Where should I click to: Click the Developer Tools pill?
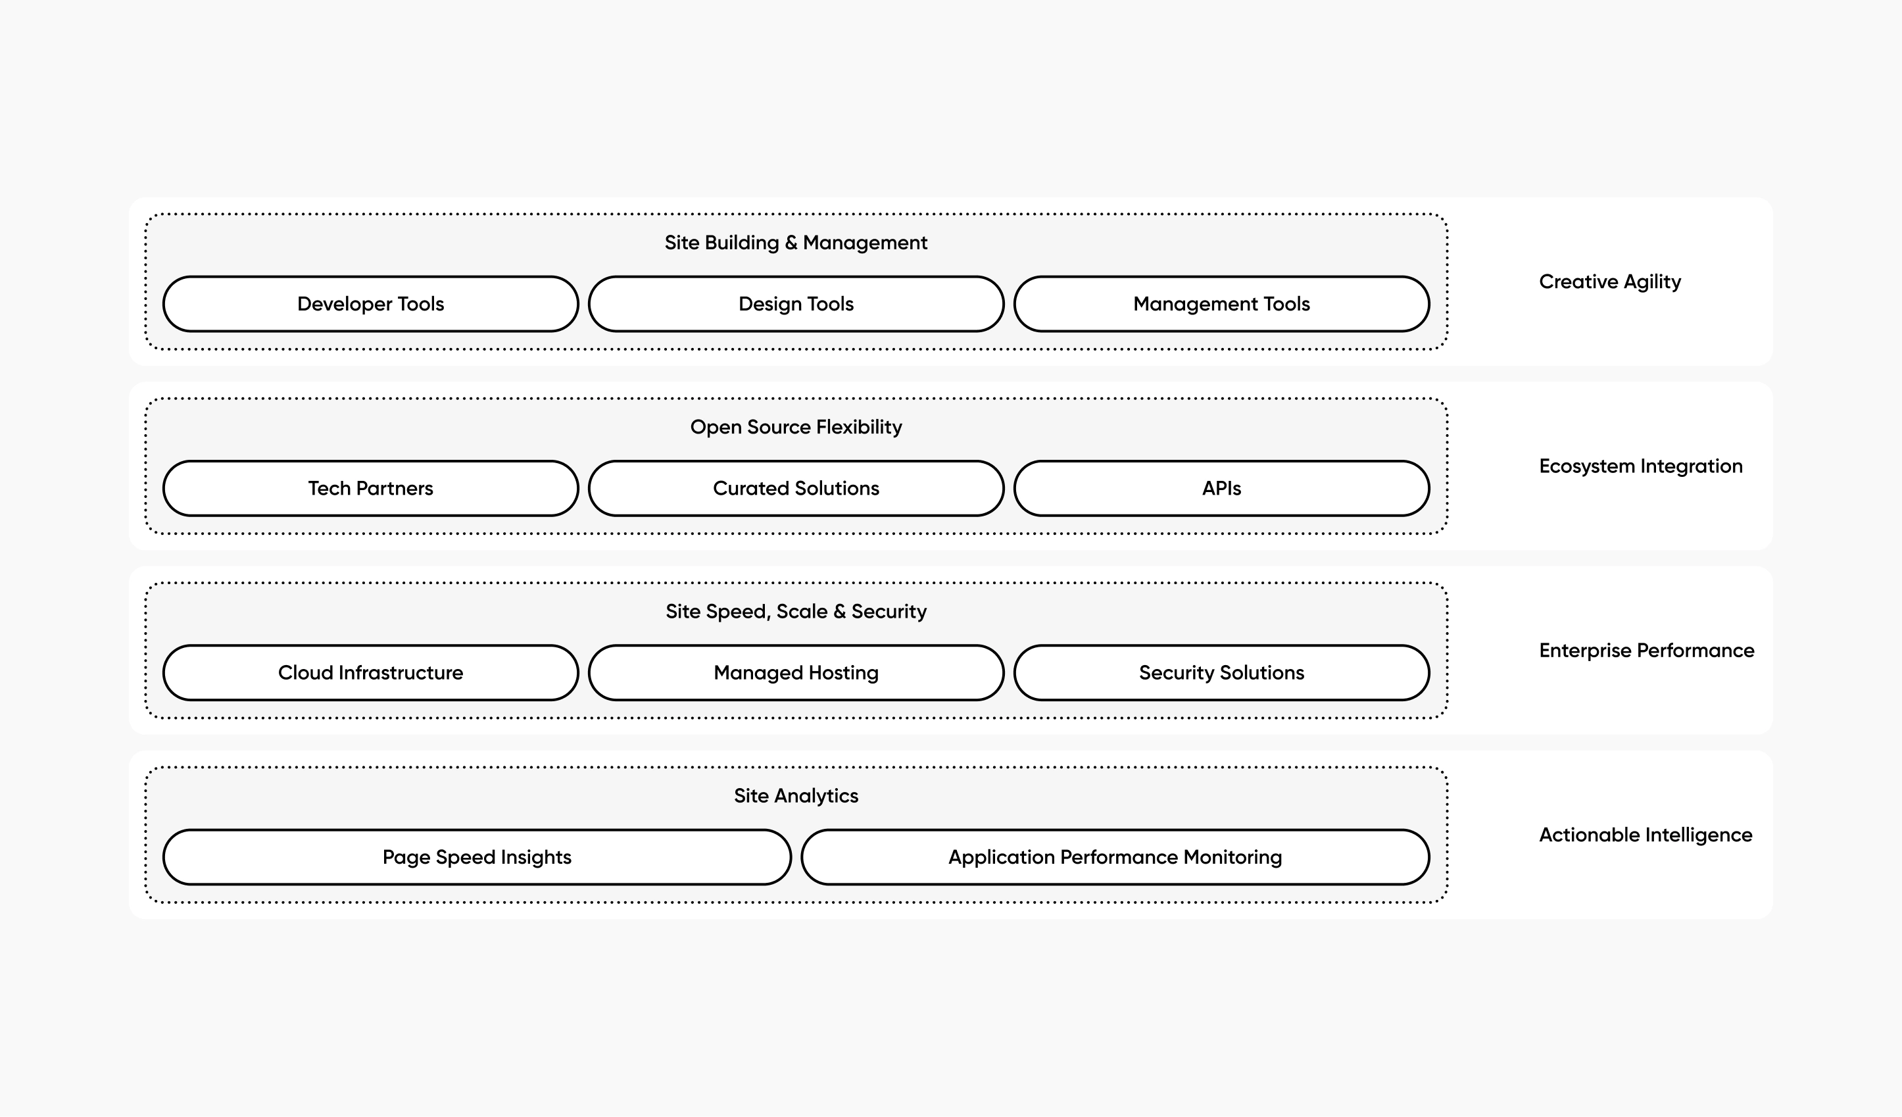[370, 304]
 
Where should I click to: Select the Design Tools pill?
[796, 304]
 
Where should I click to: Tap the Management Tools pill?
[1221, 304]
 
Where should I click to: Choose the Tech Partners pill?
[370, 488]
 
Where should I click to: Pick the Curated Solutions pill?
[796, 488]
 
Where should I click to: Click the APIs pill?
[1221, 488]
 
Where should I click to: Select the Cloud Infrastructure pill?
[370, 672]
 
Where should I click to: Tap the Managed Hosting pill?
[796, 672]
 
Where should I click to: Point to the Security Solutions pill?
[1221, 672]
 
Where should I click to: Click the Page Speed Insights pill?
[476, 857]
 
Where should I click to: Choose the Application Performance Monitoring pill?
[1115, 857]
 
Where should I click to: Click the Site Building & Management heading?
[796, 243]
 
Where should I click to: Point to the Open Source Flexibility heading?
[796, 427]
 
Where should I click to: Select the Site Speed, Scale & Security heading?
[796, 611]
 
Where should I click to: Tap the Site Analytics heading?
[796, 795]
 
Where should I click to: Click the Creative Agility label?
[1609, 282]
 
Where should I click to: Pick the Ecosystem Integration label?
[1640, 466]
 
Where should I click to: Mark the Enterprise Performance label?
[1646, 650]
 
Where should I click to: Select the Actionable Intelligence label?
[1646, 835]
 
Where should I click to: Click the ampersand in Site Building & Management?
[791, 243]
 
